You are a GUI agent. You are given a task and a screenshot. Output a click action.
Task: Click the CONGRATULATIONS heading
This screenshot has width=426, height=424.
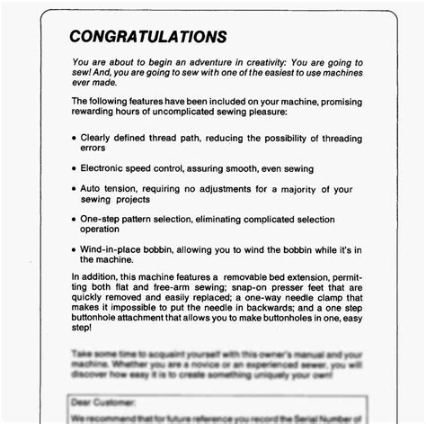point(148,37)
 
